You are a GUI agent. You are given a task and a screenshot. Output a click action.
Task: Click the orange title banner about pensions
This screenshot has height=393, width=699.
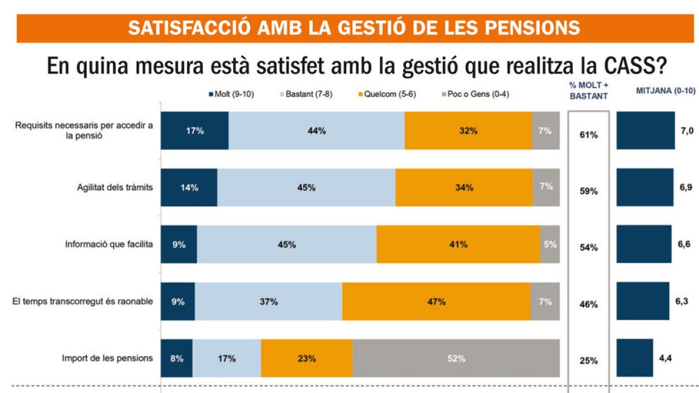pyautogui.click(x=354, y=28)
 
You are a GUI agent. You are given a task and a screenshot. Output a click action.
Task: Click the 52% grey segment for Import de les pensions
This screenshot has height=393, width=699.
pyautogui.click(x=456, y=359)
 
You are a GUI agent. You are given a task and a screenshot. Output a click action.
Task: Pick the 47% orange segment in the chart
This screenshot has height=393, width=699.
pyautogui.click(x=436, y=302)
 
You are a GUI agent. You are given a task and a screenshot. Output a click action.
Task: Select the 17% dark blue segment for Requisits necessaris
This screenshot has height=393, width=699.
pyautogui.click(x=195, y=131)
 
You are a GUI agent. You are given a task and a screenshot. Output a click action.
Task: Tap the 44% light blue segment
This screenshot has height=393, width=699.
pyautogui.click(x=316, y=131)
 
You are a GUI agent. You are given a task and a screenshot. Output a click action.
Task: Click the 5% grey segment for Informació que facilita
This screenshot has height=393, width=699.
pyautogui.click(x=550, y=245)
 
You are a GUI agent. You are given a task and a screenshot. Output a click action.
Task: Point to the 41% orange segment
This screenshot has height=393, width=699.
pyautogui.click(x=458, y=245)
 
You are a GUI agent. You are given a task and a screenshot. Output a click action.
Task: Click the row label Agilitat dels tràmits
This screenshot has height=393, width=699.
pyautogui.click(x=115, y=187)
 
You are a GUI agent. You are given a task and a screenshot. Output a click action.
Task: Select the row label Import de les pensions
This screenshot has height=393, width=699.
pyautogui.click(x=107, y=358)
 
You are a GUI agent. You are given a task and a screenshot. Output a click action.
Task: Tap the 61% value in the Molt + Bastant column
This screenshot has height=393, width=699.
pyautogui.click(x=588, y=135)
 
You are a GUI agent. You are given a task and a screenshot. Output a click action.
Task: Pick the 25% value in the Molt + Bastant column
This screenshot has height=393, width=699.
pyautogui.click(x=588, y=361)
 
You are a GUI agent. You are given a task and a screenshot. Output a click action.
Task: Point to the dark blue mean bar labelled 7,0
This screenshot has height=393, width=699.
pyautogui.click(x=645, y=130)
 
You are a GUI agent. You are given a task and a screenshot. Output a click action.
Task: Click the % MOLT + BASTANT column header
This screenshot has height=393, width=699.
pyautogui.click(x=589, y=96)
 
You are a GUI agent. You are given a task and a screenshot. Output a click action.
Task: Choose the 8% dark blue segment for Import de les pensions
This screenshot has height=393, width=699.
pyautogui.click(x=176, y=359)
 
